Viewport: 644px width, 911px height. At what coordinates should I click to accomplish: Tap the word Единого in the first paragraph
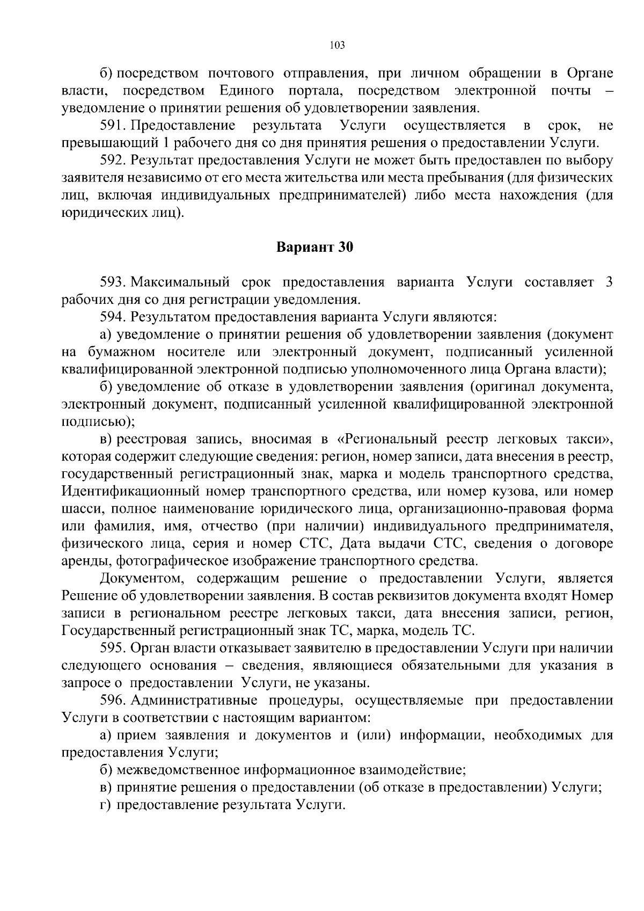tap(246, 91)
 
